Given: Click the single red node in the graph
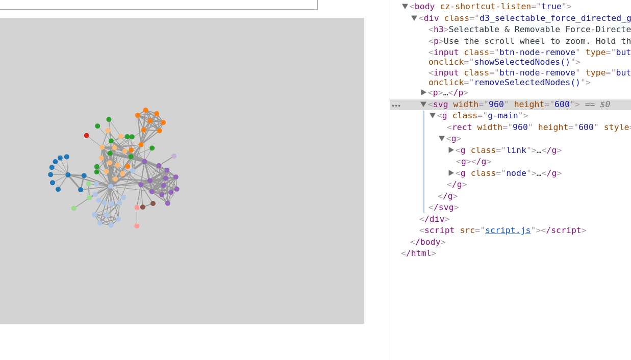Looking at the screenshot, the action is (x=86, y=136).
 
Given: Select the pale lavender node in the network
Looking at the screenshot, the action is (x=174, y=156).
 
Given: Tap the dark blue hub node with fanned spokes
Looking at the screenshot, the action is (x=68, y=175).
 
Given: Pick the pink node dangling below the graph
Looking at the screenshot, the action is (x=137, y=226).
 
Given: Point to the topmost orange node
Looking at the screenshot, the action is (x=145, y=110).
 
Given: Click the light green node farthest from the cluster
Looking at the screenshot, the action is (x=73, y=208).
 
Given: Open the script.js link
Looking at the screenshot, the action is (x=508, y=230).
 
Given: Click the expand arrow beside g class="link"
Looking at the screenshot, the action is (x=451, y=150).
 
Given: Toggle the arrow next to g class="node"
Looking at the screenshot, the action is (x=451, y=173).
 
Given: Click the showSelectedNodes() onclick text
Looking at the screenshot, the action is (x=522, y=62).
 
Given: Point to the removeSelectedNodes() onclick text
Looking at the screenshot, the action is (x=527, y=83).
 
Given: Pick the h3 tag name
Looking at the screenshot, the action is (x=438, y=30).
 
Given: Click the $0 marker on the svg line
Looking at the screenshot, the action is (x=604, y=105).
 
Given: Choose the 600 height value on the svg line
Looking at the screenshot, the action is (x=562, y=105).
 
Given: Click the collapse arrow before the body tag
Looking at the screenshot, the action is (x=405, y=7).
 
